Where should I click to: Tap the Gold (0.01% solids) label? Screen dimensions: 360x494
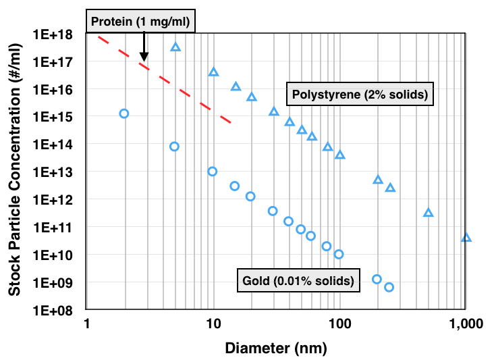(297, 280)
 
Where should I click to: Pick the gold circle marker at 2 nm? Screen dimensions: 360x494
(124, 113)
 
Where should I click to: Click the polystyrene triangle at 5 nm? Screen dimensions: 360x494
(175, 47)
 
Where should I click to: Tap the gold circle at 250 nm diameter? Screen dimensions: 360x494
(389, 287)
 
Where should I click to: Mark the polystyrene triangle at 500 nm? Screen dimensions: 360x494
(428, 213)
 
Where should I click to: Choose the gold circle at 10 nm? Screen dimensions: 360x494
(213, 172)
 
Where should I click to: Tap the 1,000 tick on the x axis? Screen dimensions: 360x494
(466, 325)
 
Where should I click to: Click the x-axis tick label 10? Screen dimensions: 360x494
(213, 325)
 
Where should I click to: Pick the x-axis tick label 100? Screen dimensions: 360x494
(339, 325)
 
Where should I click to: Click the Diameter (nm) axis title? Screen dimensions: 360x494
(276, 349)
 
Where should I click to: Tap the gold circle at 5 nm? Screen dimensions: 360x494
(175, 147)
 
